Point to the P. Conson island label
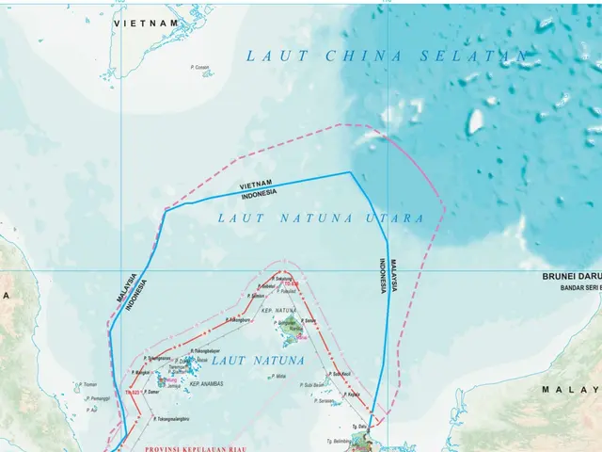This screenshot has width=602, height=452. tap(199, 67)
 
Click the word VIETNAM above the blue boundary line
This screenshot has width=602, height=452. tap(256, 184)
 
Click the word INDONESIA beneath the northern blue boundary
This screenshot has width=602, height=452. tap(260, 193)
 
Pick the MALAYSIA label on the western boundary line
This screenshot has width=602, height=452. tap(124, 287)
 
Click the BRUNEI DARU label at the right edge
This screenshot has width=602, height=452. tap(572, 277)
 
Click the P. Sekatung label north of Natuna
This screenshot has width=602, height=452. tap(283, 279)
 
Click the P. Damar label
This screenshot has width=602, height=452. tap(150, 391)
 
